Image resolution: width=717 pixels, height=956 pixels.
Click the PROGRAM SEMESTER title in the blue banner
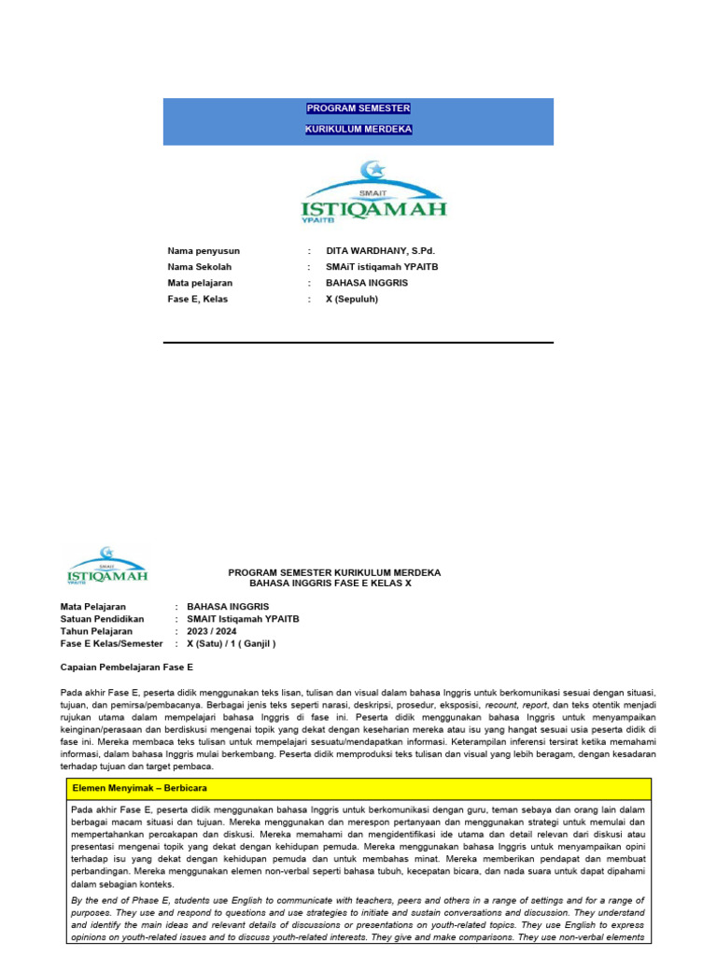pos(358,108)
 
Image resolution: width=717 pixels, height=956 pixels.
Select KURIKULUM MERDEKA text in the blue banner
pos(358,129)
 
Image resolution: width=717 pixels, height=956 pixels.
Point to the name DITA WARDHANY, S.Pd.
pos(380,251)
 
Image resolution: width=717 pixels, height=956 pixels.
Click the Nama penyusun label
pos(204,251)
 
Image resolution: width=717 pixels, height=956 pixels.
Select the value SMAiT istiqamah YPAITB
pos(382,267)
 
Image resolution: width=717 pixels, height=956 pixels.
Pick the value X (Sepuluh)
pos(353,299)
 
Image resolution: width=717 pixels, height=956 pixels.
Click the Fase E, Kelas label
pos(198,299)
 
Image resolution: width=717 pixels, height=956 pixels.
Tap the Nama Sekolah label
pos(199,267)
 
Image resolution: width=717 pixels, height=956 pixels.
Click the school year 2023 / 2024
pos(212,631)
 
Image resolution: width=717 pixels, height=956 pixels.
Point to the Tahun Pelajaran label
pos(96,631)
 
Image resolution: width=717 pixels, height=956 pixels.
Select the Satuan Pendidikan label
pos(102,618)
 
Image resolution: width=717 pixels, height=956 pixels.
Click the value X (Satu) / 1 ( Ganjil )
pos(232,643)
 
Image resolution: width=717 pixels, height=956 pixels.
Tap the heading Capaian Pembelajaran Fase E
pos(126,668)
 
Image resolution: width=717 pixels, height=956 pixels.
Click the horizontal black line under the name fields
pos(358,343)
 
